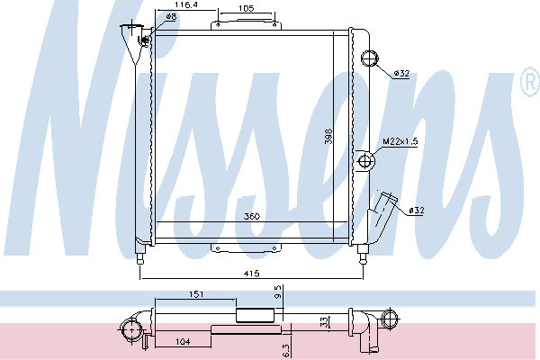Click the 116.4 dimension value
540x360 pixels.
click(x=185, y=4)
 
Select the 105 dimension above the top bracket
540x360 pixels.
click(x=246, y=8)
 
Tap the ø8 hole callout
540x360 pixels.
click(x=171, y=16)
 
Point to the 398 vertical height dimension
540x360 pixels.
click(x=328, y=136)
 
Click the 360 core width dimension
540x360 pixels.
click(x=252, y=216)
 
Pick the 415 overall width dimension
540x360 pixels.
click(x=251, y=274)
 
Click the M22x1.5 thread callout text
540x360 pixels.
click(x=400, y=141)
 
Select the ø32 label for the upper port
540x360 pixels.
click(x=401, y=74)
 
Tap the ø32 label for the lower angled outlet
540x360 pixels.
click(x=417, y=210)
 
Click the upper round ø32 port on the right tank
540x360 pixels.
click(x=369, y=58)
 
